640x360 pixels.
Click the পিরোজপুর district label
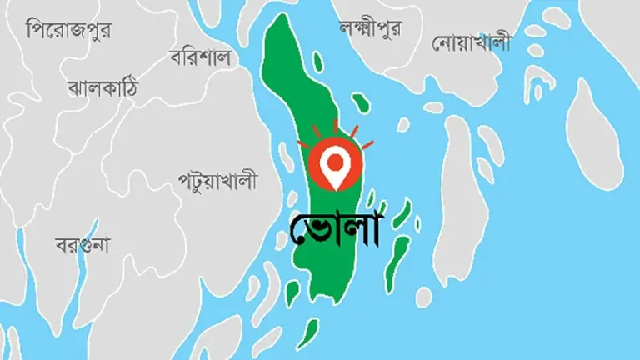click(69, 31)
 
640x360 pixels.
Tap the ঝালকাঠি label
click(102, 87)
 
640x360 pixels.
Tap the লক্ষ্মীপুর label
click(370, 29)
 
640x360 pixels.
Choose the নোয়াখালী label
click(471, 42)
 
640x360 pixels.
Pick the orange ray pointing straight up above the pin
click(335, 125)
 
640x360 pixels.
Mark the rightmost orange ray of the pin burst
click(367, 145)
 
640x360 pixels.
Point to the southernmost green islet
click(307, 333)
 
